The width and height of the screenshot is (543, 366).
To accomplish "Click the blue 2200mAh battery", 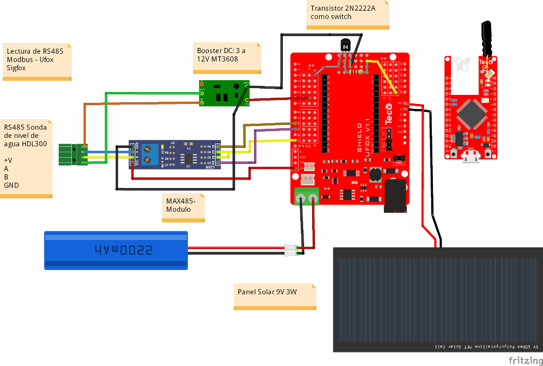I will click(116, 249).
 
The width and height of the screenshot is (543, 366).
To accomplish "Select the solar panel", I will click(437, 299).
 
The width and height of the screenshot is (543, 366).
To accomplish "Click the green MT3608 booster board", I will click(224, 93).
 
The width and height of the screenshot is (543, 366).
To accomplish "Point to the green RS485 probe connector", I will click(73, 154).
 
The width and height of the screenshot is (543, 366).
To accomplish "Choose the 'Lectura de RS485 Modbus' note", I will click(37, 61).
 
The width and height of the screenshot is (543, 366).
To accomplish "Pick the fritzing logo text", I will click(524, 360).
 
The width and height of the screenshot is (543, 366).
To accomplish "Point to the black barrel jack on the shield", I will click(396, 195).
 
